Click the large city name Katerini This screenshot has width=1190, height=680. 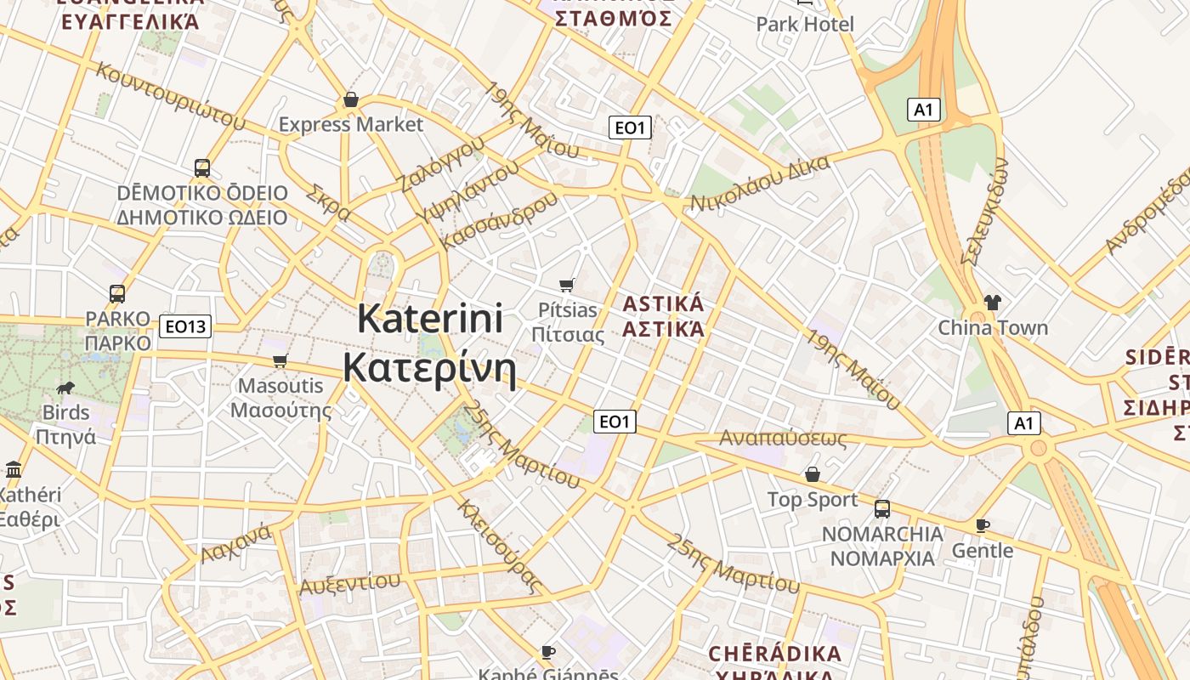pyautogui.click(x=430, y=320)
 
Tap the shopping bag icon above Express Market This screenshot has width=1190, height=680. pyautogui.click(x=351, y=100)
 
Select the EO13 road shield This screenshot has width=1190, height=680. pyautogui.click(x=185, y=326)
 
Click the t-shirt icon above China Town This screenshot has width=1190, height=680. pyautogui.click(x=992, y=302)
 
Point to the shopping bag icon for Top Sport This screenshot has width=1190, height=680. pyautogui.click(x=813, y=474)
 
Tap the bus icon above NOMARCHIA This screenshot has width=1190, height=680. pyautogui.click(x=882, y=509)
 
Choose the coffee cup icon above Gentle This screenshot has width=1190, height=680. pyautogui.click(x=983, y=525)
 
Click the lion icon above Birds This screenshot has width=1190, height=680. pyautogui.click(x=65, y=388)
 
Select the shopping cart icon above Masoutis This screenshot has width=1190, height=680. pyautogui.click(x=280, y=360)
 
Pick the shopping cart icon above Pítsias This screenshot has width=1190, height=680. pyautogui.click(x=567, y=286)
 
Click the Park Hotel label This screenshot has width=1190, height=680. pyautogui.click(x=805, y=24)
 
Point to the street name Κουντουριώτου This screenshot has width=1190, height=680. pyautogui.click(x=170, y=96)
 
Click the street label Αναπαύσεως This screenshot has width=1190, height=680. pyautogui.click(x=783, y=439)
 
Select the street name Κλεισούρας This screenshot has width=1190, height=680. pyautogui.click(x=500, y=546)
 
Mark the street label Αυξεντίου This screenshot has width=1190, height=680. pyautogui.click(x=349, y=585)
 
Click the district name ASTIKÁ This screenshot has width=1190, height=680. pyautogui.click(x=664, y=304)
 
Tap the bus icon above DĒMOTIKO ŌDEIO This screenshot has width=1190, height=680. pyautogui.click(x=202, y=168)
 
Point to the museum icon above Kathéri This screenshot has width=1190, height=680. pyautogui.click(x=14, y=470)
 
